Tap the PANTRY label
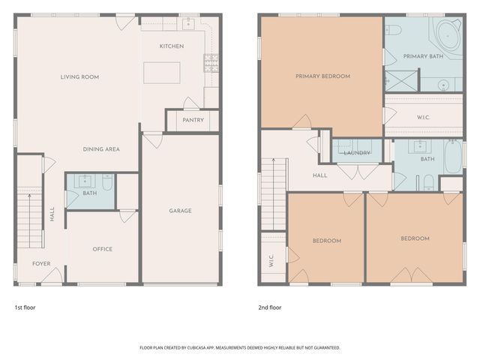tap(193, 120)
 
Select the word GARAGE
tap(180, 211)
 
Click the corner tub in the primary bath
tap(448, 34)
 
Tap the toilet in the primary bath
tap(394, 30)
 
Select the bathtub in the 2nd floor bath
tap(452, 158)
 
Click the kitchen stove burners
tap(211, 61)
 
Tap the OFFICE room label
tap(102, 249)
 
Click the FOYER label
tap(41, 264)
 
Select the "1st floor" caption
tap(25, 307)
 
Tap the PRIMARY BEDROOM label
tap(322, 76)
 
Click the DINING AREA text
tap(101, 149)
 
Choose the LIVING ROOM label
tap(79, 76)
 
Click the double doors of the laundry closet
tap(348, 171)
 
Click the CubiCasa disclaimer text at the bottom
tap(240, 348)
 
